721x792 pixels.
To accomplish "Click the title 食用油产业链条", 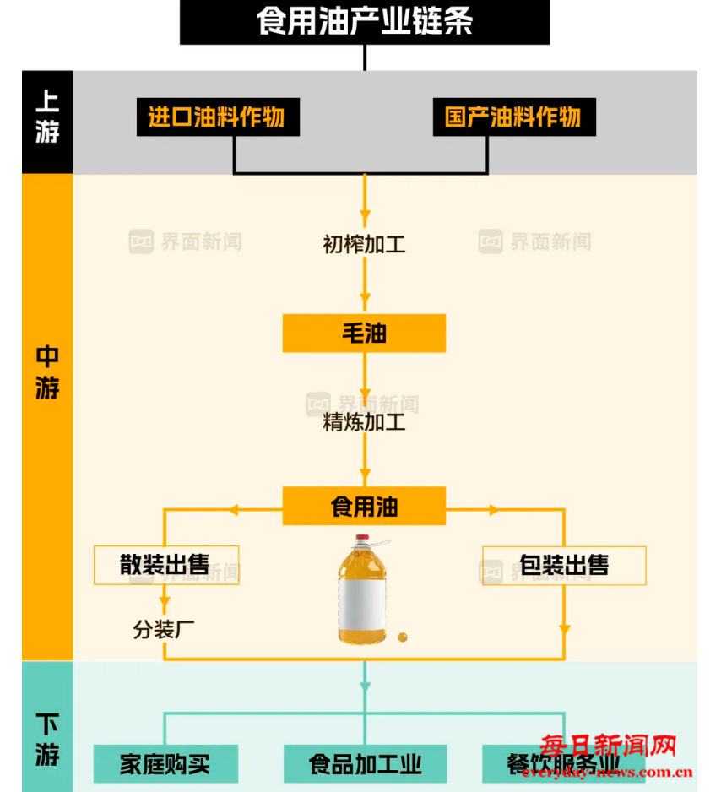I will (x=364, y=22).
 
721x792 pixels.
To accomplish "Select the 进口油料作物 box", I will (x=217, y=117).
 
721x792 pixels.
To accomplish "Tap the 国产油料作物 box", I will (x=513, y=117).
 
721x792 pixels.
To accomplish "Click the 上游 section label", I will (x=47, y=118).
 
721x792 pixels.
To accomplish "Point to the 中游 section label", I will (x=47, y=372).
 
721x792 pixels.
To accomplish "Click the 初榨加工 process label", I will (x=364, y=245).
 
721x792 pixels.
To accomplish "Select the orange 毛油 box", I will (x=364, y=334).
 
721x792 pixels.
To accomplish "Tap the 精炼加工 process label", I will (x=364, y=422).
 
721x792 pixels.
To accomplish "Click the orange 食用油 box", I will (x=364, y=507).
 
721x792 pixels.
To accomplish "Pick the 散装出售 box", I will (x=165, y=565).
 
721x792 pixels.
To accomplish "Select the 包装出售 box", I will (x=564, y=565).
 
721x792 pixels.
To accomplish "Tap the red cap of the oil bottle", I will (x=362, y=537).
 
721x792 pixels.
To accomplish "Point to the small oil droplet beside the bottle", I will (x=403, y=636).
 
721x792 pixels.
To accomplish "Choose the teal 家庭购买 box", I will (x=165, y=764).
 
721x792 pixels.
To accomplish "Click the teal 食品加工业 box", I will (x=364, y=764).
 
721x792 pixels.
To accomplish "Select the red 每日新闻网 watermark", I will (x=608, y=746).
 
